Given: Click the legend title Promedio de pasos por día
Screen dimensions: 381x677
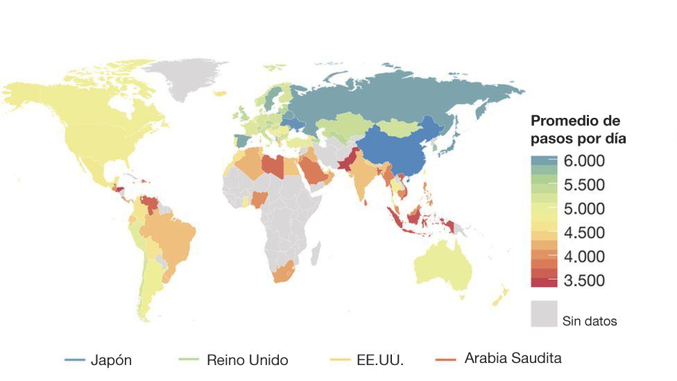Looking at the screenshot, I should pos(579,129).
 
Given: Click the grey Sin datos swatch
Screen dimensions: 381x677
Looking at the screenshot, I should pos(545,313).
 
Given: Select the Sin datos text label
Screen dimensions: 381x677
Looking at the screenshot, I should pos(590,321).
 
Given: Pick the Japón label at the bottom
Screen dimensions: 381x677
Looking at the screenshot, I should pos(111,360).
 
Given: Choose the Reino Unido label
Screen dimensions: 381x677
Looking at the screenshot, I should pos(247,360).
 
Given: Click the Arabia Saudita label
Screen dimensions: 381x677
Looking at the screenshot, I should pos(513,359).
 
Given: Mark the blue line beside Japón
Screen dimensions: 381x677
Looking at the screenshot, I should pos(75,360).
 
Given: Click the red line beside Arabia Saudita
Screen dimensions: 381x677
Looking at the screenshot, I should pos(447,359).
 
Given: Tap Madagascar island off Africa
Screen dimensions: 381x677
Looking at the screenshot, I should pos(316,251).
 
